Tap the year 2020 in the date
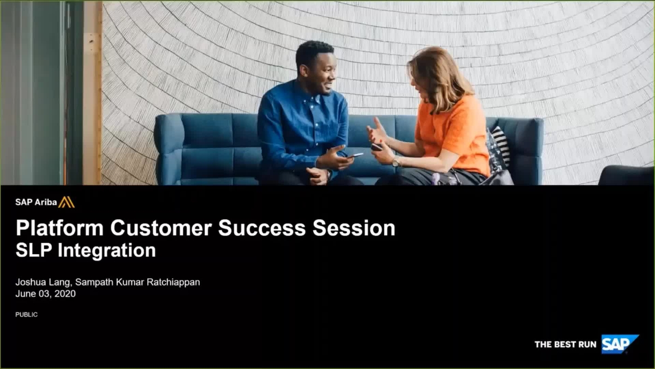[64, 294]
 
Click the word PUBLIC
[26, 314]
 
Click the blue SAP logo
[619, 344]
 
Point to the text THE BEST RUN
[565, 344]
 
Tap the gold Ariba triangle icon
[66, 202]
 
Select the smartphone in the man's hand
[356, 155]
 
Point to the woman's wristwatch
[395, 161]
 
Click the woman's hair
[437, 77]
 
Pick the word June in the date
[25, 294]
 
